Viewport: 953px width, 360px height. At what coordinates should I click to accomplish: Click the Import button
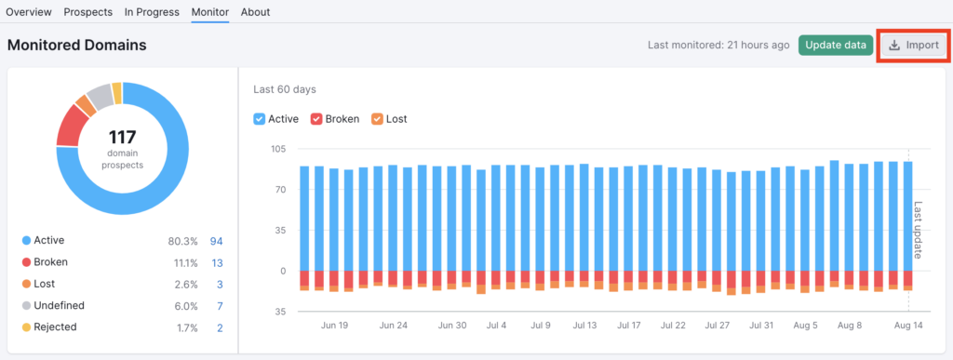tap(913, 46)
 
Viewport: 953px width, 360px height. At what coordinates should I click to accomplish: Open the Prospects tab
tap(88, 12)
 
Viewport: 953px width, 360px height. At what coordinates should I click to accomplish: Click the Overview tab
tap(29, 12)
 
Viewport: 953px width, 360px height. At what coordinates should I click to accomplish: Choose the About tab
tap(255, 12)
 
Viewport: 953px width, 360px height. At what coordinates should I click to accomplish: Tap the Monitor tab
tap(210, 12)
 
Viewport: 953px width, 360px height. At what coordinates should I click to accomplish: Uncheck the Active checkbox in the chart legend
tap(260, 119)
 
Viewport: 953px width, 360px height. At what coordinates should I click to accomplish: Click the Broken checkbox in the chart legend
tap(316, 119)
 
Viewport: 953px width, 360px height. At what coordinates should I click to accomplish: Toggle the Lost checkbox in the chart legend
tap(377, 119)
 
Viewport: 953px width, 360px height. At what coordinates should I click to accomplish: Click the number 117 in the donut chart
tap(123, 139)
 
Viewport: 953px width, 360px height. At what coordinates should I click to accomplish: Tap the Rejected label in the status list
tap(55, 327)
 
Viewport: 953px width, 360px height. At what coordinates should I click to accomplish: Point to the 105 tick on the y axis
tap(278, 149)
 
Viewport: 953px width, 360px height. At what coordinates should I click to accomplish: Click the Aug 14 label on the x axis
tap(908, 326)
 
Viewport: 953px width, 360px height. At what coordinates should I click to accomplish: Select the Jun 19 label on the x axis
tap(333, 326)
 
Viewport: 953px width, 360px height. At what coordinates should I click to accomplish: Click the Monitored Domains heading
tap(76, 45)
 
